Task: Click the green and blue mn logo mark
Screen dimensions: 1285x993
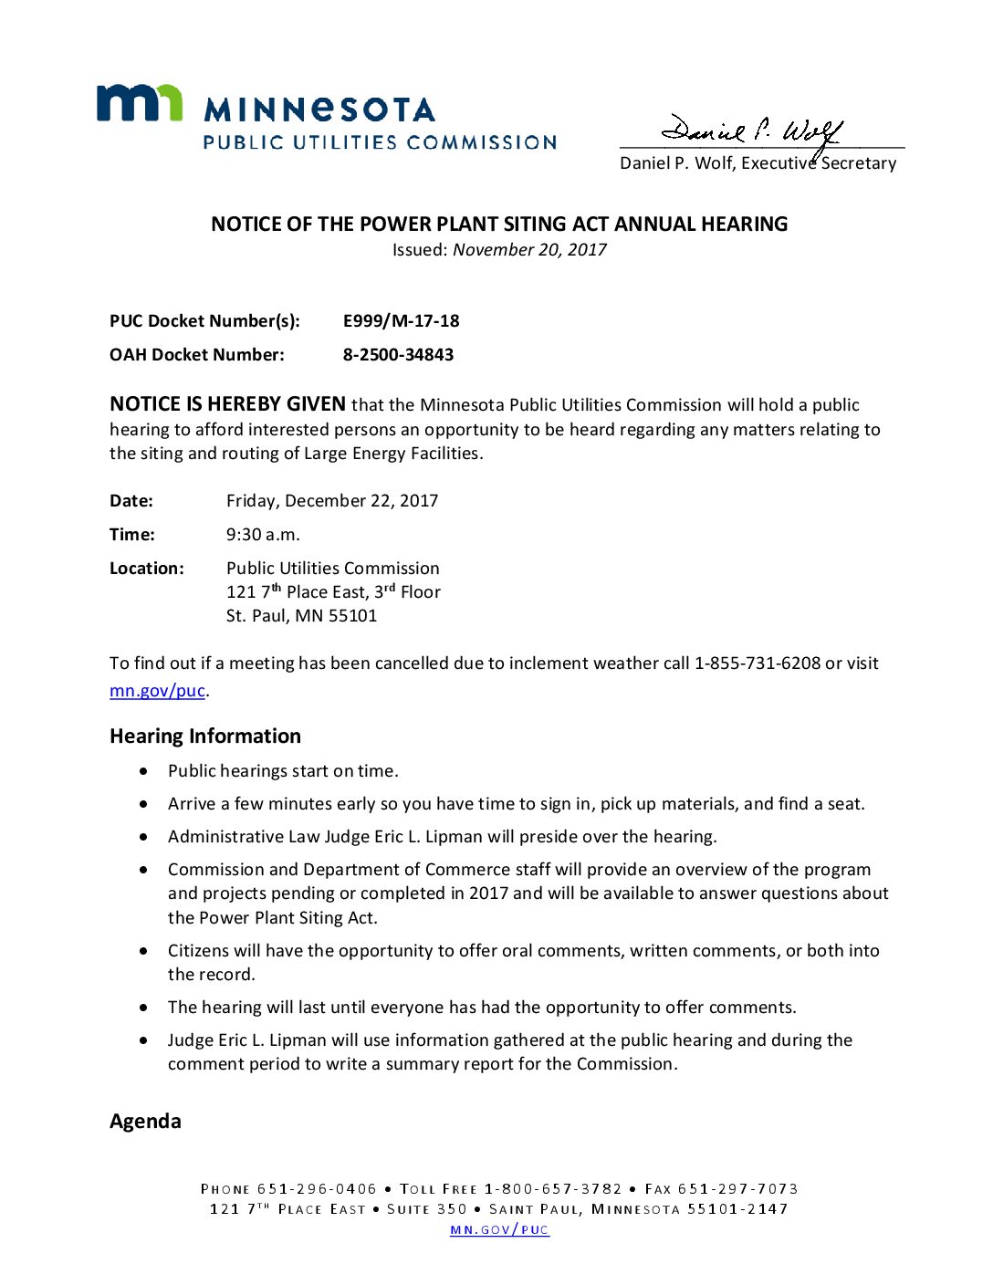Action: (140, 102)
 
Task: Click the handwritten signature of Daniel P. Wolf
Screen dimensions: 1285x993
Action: (752, 132)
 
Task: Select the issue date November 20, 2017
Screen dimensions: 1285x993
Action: (529, 250)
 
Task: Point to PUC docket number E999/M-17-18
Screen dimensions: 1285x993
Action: (401, 321)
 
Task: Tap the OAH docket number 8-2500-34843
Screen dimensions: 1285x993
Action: (398, 355)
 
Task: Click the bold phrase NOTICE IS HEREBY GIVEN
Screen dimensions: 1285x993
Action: (227, 404)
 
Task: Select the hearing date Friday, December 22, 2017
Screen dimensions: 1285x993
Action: (332, 501)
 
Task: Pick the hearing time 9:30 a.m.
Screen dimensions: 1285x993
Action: (263, 535)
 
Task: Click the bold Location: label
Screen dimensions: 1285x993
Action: (146, 569)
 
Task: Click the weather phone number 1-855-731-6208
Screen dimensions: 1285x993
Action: (758, 663)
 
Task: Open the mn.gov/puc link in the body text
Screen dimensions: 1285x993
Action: (157, 691)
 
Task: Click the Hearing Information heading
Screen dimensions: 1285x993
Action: (205, 737)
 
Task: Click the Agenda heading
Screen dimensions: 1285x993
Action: (145, 1122)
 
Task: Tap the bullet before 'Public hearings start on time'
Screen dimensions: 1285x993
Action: (144, 771)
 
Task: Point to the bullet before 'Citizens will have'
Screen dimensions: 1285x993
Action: (144, 951)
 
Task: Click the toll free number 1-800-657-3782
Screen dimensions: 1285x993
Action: (553, 1189)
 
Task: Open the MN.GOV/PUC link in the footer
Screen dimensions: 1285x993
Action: (499, 1230)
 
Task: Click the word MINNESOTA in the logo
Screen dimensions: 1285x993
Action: (319, 110)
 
